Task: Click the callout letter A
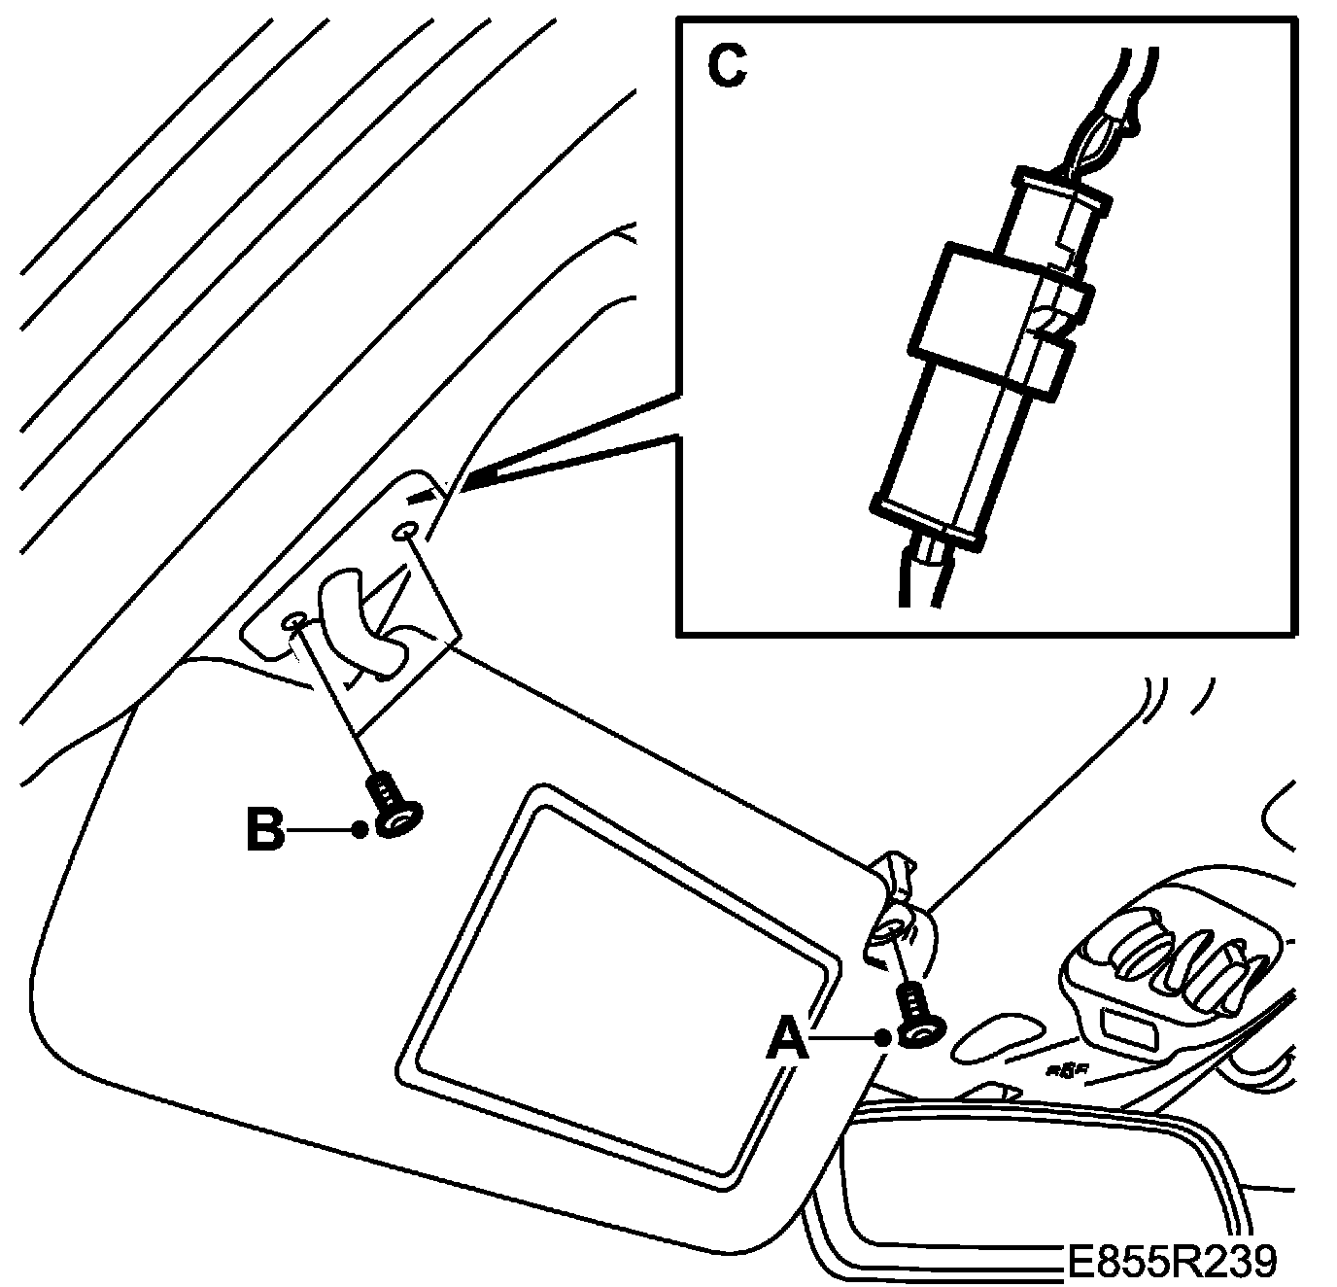[x=788, y=1041]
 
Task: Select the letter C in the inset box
[x=726, y=66]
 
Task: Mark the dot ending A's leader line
[x=882, y=1039]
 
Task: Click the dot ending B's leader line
[x=360, y=829]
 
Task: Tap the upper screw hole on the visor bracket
[x=405, y=531]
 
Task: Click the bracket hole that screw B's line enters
[x=294, y=622]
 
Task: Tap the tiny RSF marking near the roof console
[x=1066, y=1070]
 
